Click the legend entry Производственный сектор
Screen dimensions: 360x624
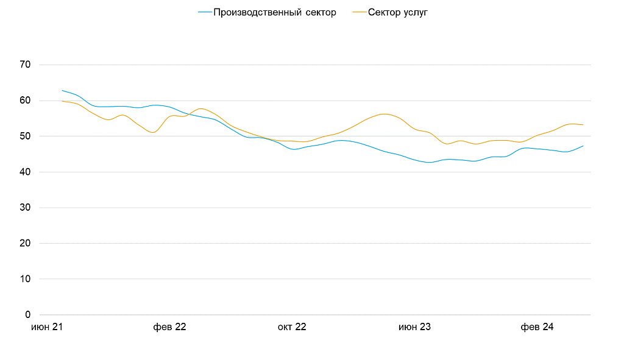click(274, 12)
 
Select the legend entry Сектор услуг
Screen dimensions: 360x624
click(398, 12)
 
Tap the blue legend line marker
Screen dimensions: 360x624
click(205, 12)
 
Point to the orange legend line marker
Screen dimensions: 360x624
click(360, 12)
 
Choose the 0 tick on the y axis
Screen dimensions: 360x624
click(28, 315)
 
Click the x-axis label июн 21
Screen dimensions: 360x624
click(48, 327)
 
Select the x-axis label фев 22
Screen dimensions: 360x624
click(170, 327)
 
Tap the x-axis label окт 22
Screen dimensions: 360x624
click(292, 327)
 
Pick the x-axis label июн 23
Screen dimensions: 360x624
click(414, 327)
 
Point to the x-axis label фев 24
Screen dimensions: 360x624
click(537, 327)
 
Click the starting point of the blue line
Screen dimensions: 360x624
click(63, 90)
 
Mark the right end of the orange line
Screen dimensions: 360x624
click(583, 125)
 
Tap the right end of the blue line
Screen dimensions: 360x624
click(583, 146)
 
